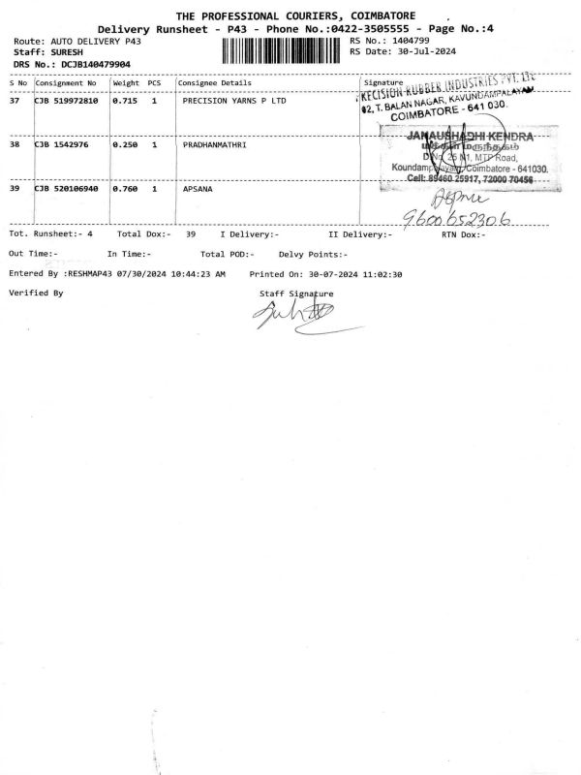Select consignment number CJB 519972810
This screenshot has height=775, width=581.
pos(66,100)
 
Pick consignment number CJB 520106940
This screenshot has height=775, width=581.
pos(66,189)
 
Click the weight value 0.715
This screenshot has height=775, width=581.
pos(124,100)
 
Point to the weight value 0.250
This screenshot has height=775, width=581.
pos(124,144)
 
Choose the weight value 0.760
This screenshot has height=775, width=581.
pos(124,189)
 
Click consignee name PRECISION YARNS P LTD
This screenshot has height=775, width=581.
pos(234,100)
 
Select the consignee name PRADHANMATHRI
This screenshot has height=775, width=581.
pos(215,144)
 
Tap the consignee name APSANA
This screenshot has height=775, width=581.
pos(198,189)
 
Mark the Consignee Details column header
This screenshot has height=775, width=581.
pos(217,82)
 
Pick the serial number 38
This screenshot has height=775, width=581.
pos(15,144)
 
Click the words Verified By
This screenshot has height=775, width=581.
pos(36,292)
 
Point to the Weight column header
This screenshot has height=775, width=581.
pos(126,82)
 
